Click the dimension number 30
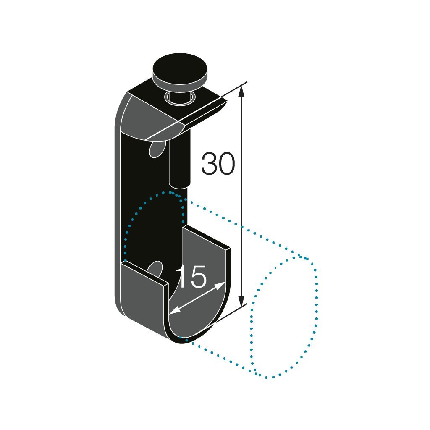tap(218, 164)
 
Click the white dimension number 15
tap(191, 277)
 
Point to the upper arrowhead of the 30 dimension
tap(241, 90)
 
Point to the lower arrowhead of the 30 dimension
tap(241, 302)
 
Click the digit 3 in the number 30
tap(209, 164)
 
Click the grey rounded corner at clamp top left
tap(139, 115)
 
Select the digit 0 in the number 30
tap(226, 164)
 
